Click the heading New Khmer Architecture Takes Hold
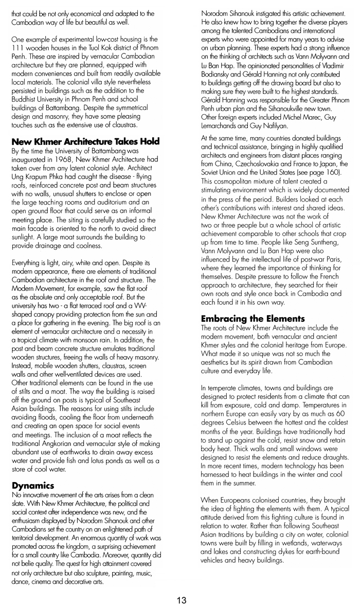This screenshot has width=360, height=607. [x=85, y=141]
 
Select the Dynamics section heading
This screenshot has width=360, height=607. [x=32, y=485]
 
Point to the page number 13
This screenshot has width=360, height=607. [x=181, y=600]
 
